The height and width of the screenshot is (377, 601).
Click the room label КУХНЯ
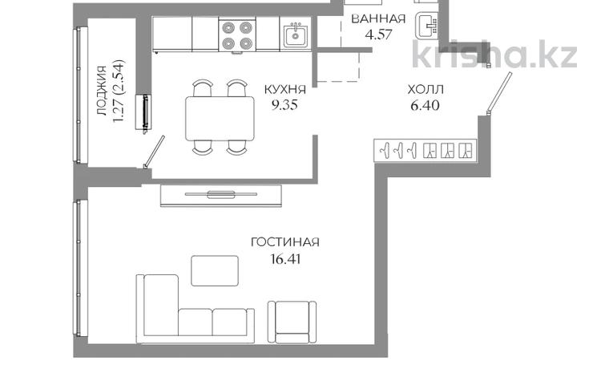pos(285,90)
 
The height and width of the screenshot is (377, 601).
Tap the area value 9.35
pos(284,105)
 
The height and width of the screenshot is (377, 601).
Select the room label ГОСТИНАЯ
pos(284,242)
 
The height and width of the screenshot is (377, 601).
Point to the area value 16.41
pos(285,259)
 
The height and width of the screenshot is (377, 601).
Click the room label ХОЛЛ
pos(426,90)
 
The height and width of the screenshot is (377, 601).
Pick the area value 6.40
pos(425,105)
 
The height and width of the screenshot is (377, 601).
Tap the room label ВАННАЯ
pos(378,18)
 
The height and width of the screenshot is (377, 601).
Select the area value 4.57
pos(379,34)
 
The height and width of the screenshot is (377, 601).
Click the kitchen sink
pos(295,34)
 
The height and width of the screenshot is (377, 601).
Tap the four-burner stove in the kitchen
pos(237,35)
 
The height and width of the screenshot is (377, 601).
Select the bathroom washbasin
pos(426,26)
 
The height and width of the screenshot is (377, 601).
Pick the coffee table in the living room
pos(215,271)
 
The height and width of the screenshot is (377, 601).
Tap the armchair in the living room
pos(292,322)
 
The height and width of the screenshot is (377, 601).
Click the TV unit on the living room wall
pos(221,196)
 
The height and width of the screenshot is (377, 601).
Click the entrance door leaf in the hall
pos(499,93)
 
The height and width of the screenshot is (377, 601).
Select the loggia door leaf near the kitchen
pos(155,152)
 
